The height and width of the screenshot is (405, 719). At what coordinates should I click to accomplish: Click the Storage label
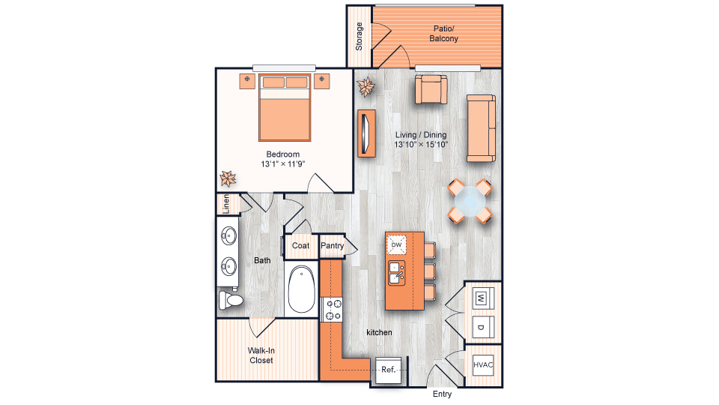[x=359, y=36]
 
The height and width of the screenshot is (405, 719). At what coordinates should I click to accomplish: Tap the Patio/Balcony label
[x=443, y=34]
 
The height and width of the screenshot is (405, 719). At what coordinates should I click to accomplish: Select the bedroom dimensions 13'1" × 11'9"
[x=283, y=164]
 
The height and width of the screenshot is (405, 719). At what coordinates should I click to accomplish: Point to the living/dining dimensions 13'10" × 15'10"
[x=421, y=145]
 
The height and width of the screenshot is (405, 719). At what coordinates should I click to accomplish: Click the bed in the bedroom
[x=285, y=107]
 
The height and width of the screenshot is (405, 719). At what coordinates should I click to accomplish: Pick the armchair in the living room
[x=431, y=89]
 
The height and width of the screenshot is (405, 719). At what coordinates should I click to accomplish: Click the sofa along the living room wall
[x=481, y=128]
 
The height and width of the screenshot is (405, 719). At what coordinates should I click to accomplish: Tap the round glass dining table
[x=470, y=201]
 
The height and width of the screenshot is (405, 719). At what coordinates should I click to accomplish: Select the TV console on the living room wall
[x=366, y=133]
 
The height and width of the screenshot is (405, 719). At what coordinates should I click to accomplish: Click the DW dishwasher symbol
[x=396, y=244]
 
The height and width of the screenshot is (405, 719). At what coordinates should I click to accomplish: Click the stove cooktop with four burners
[x=333, y=310]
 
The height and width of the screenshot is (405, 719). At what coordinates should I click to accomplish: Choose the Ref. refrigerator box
[x=389, y=370]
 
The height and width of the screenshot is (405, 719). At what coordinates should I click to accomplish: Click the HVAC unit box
[x=483, y=365]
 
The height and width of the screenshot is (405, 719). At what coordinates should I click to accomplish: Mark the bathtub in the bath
[x=301, y=289]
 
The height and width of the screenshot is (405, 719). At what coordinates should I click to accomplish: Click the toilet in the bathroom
[x=231, y=300]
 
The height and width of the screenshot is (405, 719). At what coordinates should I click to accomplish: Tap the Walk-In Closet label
[x=261, y=355]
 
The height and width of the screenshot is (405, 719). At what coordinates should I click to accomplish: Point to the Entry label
[x=442, y=394]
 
